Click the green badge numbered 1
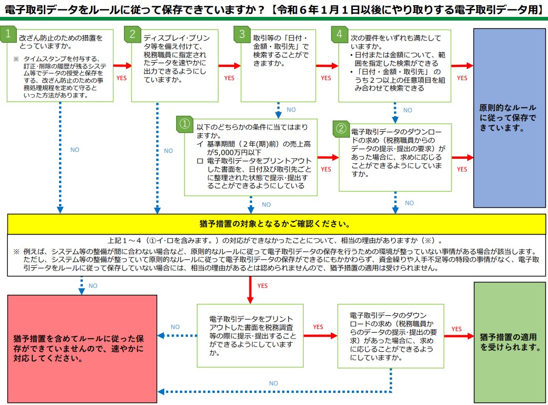(8, 34)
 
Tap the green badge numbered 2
(132, 34)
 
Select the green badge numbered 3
(242, 34)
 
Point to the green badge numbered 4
(339, 34)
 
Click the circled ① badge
(185, 124)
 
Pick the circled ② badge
(341, 128)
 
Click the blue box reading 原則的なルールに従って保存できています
(509, 118)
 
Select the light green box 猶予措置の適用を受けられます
(509, 342)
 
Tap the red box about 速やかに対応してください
(82, 349)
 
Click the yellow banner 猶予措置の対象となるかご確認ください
(276, 224)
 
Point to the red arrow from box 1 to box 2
(122, 65)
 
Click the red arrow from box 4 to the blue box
(462, 65)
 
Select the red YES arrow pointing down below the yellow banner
(250, 290)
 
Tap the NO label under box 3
(291, 110)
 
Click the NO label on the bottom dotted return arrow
(274, 383)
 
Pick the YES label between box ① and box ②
(326, 169)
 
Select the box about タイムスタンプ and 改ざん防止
(60, 66)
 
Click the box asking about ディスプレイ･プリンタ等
(175, 66)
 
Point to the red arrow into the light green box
(459, 336)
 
